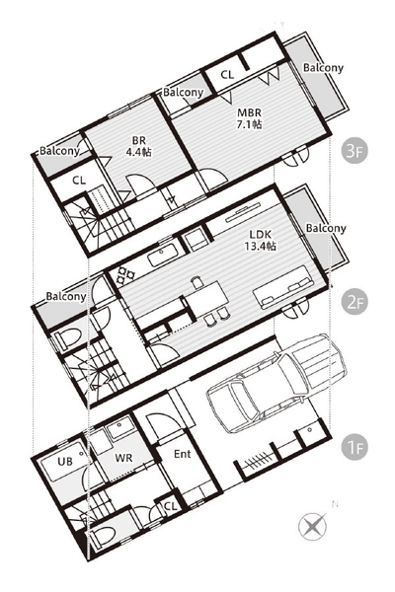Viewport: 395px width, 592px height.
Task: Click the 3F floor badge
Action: pyautogui.click(x=355, y=151)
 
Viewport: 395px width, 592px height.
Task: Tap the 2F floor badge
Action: pyautogui.click(x=355, y=302)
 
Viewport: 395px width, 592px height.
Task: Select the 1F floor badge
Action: pyautogui.click(x=355, y=448)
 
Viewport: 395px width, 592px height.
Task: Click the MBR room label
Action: pyautogui.click(x=249, y=112)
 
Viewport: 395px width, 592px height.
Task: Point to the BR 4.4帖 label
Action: pyautogui.click(x=138, y=146)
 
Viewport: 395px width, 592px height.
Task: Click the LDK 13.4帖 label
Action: pyautogui.click(x=260, y=240)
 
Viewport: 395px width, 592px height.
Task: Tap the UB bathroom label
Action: pyautogui.click(x=65, y=462)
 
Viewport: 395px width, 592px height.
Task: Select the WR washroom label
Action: pyautogui.click(x=124, y=458)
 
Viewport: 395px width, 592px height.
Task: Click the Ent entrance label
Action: pyautogui.click(x=183, y=454)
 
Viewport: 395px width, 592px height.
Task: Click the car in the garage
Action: pyautogui.click(x=276, y=383)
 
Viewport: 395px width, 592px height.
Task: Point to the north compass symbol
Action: pyautogui.click(x=313, y=525)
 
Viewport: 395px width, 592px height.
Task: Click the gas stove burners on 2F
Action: pyautogui.click(x=125, y=275)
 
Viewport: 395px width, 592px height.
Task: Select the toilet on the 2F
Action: pyautogui.click(x=68, y=337)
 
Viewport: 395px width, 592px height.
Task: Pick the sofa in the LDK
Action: pyautogui.click(x=283, y=287)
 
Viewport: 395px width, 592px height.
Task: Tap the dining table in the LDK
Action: pyautogui.click(x=206, y=297)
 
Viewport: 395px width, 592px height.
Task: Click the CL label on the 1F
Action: pyautogui.click(x=171, y=506)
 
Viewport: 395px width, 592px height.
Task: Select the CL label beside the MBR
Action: pyautogui.click(x=227, y=75)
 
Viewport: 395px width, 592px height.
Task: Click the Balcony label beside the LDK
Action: pyautogui.click(x=326, y=229)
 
